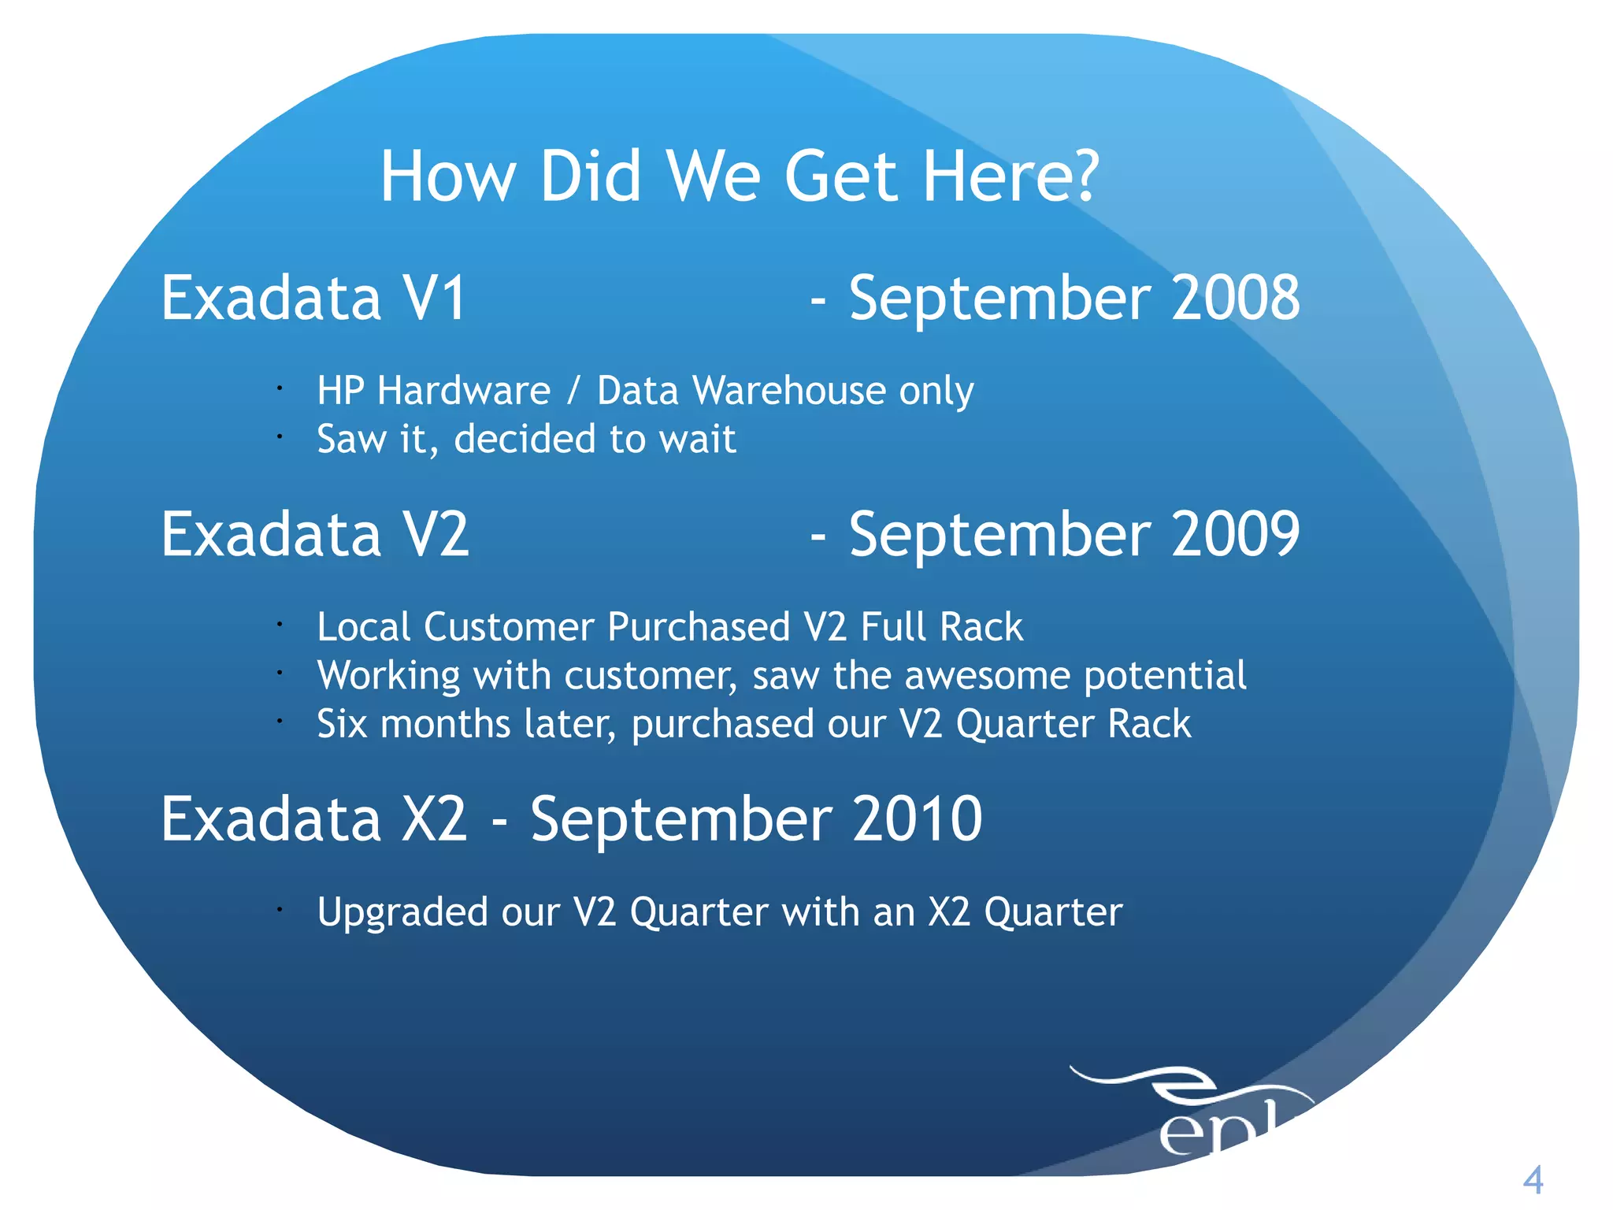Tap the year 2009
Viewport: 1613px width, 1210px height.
(1235, 534)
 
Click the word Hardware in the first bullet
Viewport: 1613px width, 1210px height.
(464, 391)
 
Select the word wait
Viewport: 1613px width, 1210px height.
(697, 439)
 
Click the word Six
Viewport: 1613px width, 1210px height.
(342, 723)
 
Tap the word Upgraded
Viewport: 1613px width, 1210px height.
(402, 912)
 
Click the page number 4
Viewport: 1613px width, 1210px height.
(1533, 1180)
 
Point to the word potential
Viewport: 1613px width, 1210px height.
(1165, 676)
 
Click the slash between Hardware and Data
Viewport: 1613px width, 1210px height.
(573, 391)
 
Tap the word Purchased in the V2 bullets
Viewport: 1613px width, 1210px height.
(699, 627)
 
